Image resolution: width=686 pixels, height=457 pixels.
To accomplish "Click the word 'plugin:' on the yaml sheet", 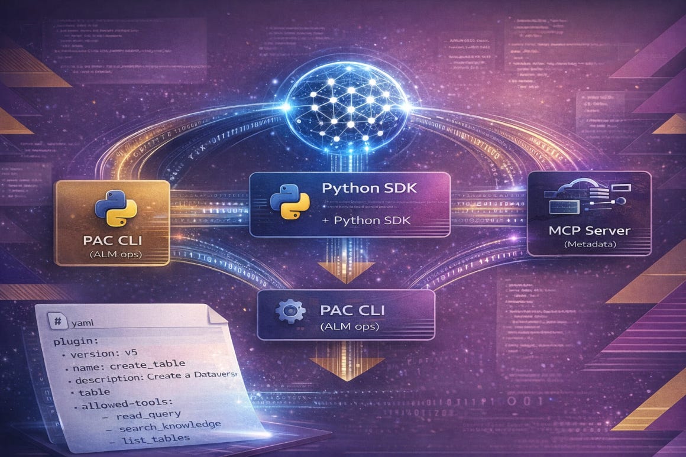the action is (x=72, y=343).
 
